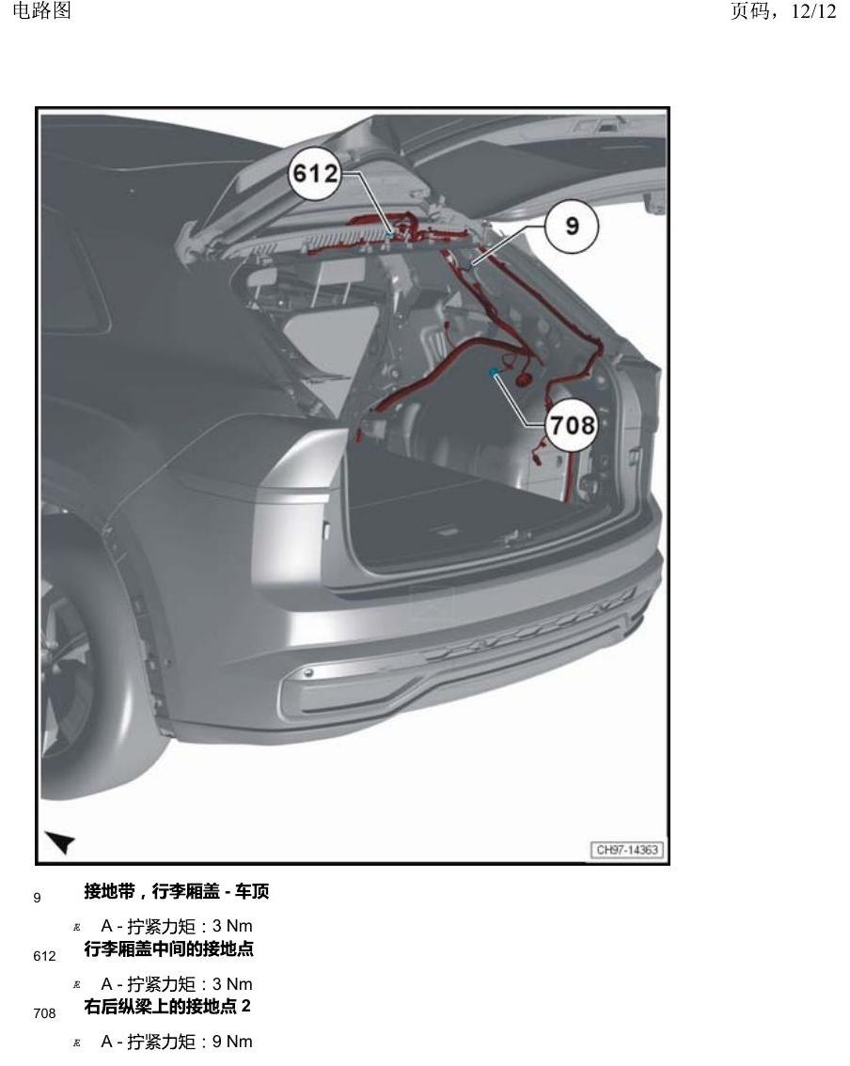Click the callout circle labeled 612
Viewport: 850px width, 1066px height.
(315, 173)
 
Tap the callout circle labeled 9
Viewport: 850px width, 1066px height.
(572, 226)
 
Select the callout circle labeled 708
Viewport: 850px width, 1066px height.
(572, 426)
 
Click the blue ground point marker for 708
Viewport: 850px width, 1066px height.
(493, 372)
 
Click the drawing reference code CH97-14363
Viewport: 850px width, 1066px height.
(627, 850)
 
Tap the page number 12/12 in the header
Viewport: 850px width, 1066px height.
(813, 11)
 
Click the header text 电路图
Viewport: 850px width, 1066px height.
(42, 10)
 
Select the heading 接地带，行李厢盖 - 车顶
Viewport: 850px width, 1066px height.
(177, 890)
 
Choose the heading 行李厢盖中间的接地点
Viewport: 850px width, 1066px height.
(168, 948)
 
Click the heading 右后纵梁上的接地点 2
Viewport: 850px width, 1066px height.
(167, 1006)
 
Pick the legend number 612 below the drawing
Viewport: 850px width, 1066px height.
(44, 957)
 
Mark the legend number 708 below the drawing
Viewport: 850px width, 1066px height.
(44, 1013)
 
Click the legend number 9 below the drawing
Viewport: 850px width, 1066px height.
(37, 898)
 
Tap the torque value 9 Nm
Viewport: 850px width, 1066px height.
(232, 1042)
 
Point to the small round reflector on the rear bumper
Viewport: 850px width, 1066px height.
(308, 673)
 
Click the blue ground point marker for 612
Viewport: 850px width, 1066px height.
(389, 232)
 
